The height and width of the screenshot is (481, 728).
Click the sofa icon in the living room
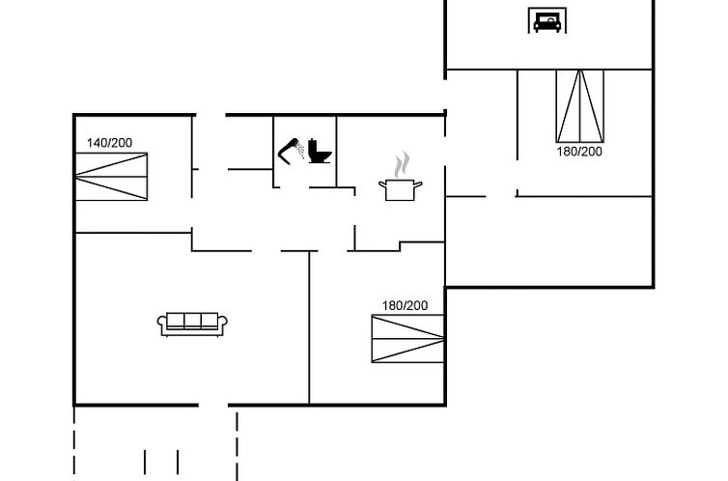click(x=192, y=325)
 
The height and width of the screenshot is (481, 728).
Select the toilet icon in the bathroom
click(x=320, y=151)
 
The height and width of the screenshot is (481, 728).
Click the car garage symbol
click(x=546, y=21)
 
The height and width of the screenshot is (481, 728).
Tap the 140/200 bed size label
click(x=109, y=143)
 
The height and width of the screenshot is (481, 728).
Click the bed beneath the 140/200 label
click(x=111, y=177)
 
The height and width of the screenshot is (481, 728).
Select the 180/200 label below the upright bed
click(x=579, y=152)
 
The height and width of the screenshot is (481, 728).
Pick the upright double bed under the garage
click(x=580, y=106)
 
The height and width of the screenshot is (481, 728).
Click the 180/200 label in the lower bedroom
click(x=405, y=305)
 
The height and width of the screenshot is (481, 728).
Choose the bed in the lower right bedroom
click(x=407, y=338)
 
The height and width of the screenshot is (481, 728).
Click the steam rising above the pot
click(x=402, y=164)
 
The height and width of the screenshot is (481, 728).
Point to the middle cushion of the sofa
click(x=192, y=321)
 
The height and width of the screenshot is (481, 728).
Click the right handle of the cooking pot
click(x=418, y=184)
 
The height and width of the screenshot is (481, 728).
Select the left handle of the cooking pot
click(x=383, y=184)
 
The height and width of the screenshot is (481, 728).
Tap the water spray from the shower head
click(x=301, y=149)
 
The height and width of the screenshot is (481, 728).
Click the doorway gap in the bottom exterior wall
click(x=213, y=406)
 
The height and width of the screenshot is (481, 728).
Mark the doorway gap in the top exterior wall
click(x=210, y=115)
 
